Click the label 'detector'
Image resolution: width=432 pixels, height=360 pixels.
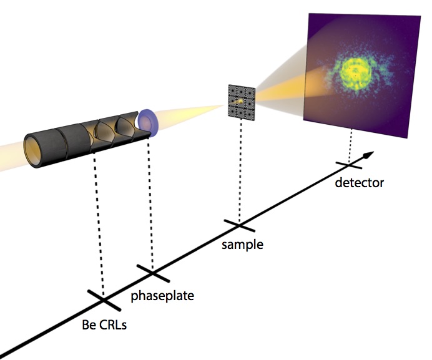[x=359, y=183]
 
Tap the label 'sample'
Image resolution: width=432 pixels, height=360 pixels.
[x=242, y=244]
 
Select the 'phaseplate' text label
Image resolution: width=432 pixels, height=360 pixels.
[x=162, y=296]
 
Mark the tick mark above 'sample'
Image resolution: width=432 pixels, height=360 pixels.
[x=238, y=223]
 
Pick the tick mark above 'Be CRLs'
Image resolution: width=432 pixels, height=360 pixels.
[x=104, y=300]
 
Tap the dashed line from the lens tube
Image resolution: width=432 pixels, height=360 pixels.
[x=99, y=225]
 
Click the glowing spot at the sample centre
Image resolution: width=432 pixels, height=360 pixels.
[x=239, y=99]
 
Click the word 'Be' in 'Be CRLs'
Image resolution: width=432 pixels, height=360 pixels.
[x=90, y=324]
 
